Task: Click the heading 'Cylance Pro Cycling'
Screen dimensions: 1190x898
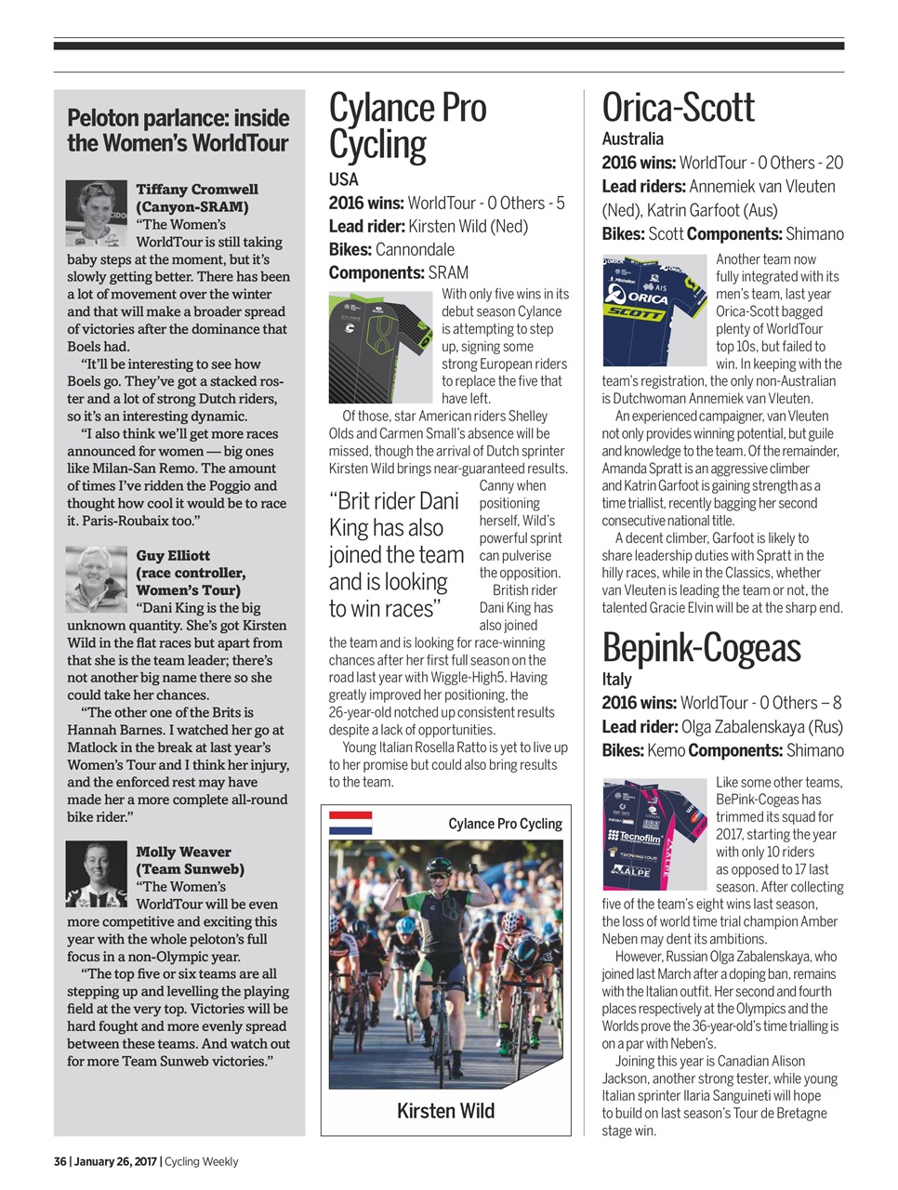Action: pyautogui.click(x=407, y=127)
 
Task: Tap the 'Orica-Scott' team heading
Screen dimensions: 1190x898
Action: pyautogui.click(x=678, y=108)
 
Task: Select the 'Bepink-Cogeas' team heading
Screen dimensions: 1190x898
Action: pyautogui.click(x=701, y=648)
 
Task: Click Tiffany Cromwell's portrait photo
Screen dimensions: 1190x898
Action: pyautogui.click(x=96, y=213)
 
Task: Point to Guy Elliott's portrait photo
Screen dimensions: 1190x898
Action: pyautogui.click(x=96, y=578)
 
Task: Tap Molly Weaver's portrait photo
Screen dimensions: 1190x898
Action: pyautogui.click(x=96, y=873)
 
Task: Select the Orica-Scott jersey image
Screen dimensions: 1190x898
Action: pyautogui.click(x=654, y=310)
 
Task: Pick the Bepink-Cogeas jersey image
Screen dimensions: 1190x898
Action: pyautogui.click(x=654, y=833)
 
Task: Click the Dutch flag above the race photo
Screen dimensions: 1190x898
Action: pyautogui.click(x=350, y=823)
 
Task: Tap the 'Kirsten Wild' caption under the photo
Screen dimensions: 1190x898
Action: pyautogui.click(x=445, y=1111)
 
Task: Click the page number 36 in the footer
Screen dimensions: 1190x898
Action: pyautogui.click(x=59, y=1161)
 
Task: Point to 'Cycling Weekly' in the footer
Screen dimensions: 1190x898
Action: pyautogui.click(x=202, y=1161)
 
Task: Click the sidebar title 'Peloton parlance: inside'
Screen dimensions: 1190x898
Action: pyautogui.click(x=178, y=118)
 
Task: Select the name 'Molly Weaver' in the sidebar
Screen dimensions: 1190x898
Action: pyautogui.click(x=183, y=852)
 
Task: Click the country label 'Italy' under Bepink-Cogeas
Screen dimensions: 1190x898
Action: pyautogui.click(x=616, y=680)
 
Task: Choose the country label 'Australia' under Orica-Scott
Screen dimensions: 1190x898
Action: pyautogui.click(x=632, y=139)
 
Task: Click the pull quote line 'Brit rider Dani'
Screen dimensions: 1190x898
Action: pyautogui.click(x=394, y=501)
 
